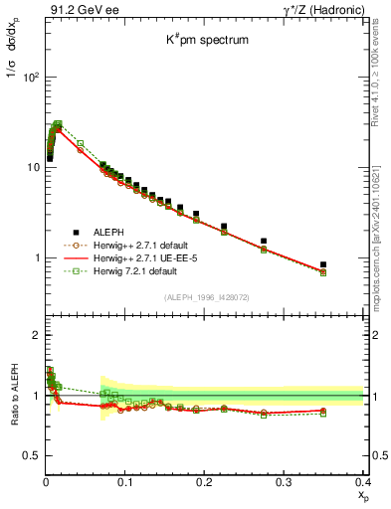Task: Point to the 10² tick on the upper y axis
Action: [x=32, y=77]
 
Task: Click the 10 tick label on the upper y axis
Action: [x=34, y=167]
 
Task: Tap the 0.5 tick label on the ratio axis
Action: [x=31, y=455]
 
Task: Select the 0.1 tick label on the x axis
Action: [x=125, y=482]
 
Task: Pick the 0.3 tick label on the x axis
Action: [x=284, y=482]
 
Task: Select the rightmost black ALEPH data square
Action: [x=350, y=264]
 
